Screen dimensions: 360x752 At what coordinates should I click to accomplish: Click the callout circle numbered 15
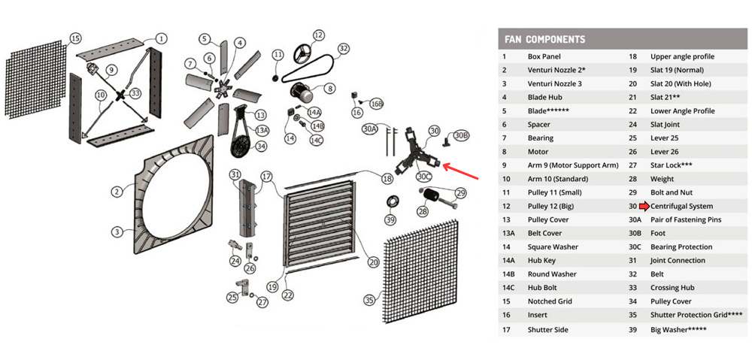click(x=75, y=38)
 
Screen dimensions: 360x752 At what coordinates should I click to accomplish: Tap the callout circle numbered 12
click(x=318, y=35)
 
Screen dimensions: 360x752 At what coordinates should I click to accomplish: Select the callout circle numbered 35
click(x=369, y=300)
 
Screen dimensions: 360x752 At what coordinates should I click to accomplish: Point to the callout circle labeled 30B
click(x=462, y=135)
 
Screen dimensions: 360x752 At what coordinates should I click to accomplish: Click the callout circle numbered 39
click(x=390, y=219)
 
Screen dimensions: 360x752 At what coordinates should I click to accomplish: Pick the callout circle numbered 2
click(x=117, y=192)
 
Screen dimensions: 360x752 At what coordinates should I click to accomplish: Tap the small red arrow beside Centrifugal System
click(x=644, y=206)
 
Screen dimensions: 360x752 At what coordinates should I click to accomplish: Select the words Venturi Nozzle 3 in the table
click(x=554, y=83)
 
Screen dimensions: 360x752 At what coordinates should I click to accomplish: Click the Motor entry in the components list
click(x=540, y=152)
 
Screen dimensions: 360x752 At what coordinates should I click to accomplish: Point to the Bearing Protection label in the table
click(x=681, y=247)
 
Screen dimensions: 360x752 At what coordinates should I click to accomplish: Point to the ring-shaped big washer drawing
click(x=391, y=203)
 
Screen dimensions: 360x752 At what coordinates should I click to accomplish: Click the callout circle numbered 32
click(x=344, y=49)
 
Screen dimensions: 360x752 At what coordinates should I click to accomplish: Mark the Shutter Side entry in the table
click(x=548, y=329)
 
